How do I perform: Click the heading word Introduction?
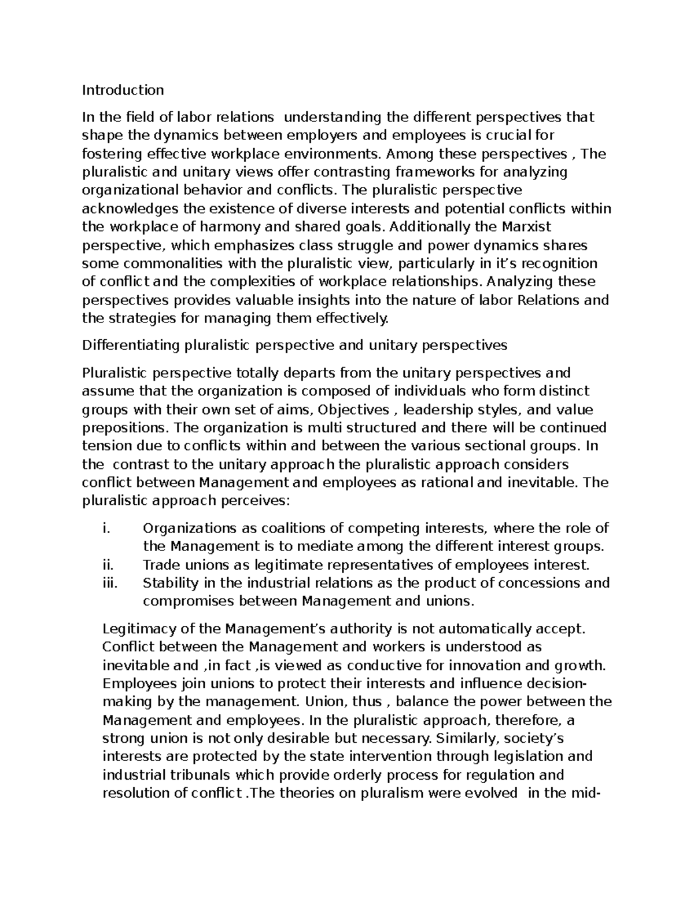click(x=123, y=90)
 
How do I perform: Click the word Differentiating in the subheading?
click(x=131, y=346)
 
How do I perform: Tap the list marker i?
click(x=105, y=529)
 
